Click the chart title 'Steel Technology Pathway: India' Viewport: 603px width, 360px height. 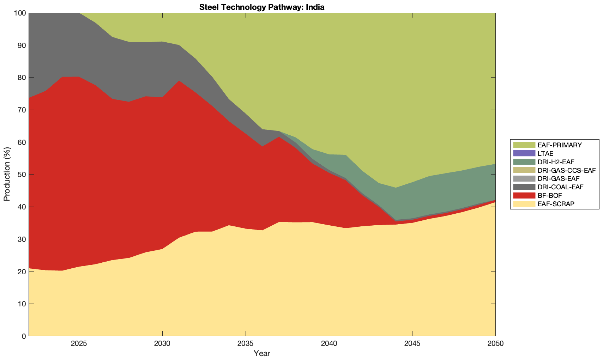coord(262,7)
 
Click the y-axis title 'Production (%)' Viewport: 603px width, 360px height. coord(7,174)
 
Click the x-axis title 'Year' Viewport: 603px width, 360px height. coord(262,353)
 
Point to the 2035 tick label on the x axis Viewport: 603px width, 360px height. coord(246,343)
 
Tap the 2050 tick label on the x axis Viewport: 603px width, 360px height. coord(495,343)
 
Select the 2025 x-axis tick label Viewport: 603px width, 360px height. coord(79,343)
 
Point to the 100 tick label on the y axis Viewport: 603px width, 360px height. coord(20,13)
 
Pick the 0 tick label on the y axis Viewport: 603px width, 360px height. coord(24,336)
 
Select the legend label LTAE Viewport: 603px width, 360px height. coord(545,153)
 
